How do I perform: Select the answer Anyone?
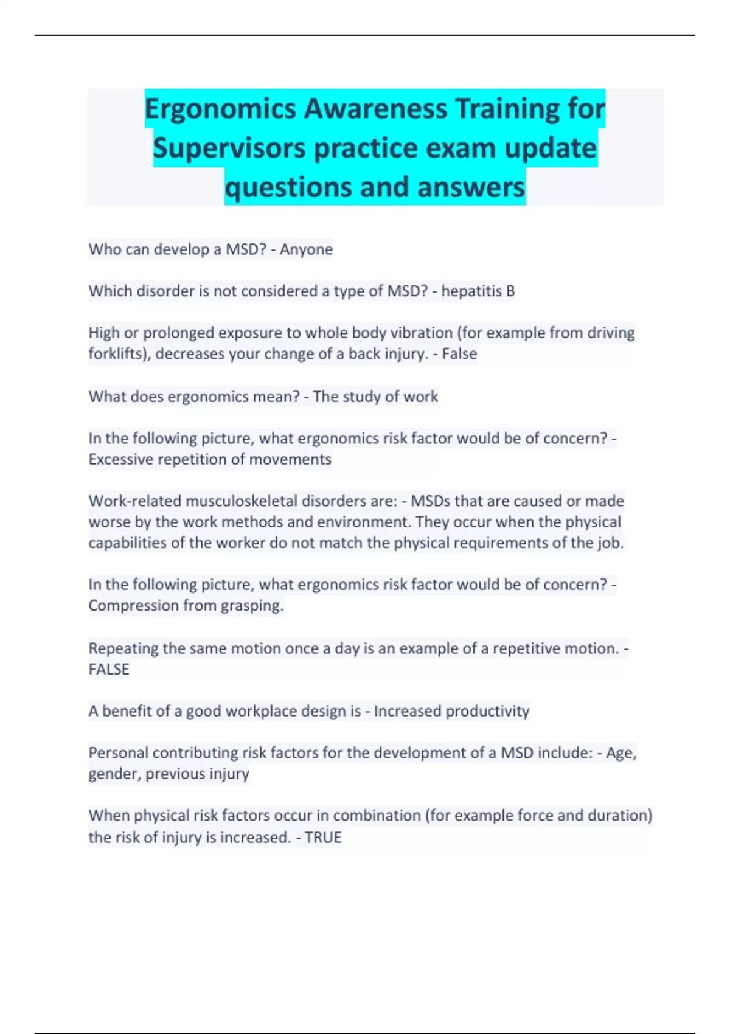point(306,249)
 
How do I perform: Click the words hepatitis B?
point(478,291)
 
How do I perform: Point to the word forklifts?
point(118,354)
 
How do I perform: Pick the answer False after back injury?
point(459,354)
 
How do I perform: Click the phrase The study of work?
point(375,397)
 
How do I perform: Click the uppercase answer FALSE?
point(109,669)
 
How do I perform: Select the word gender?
point(114,774)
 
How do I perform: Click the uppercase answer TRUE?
point(323,838)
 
